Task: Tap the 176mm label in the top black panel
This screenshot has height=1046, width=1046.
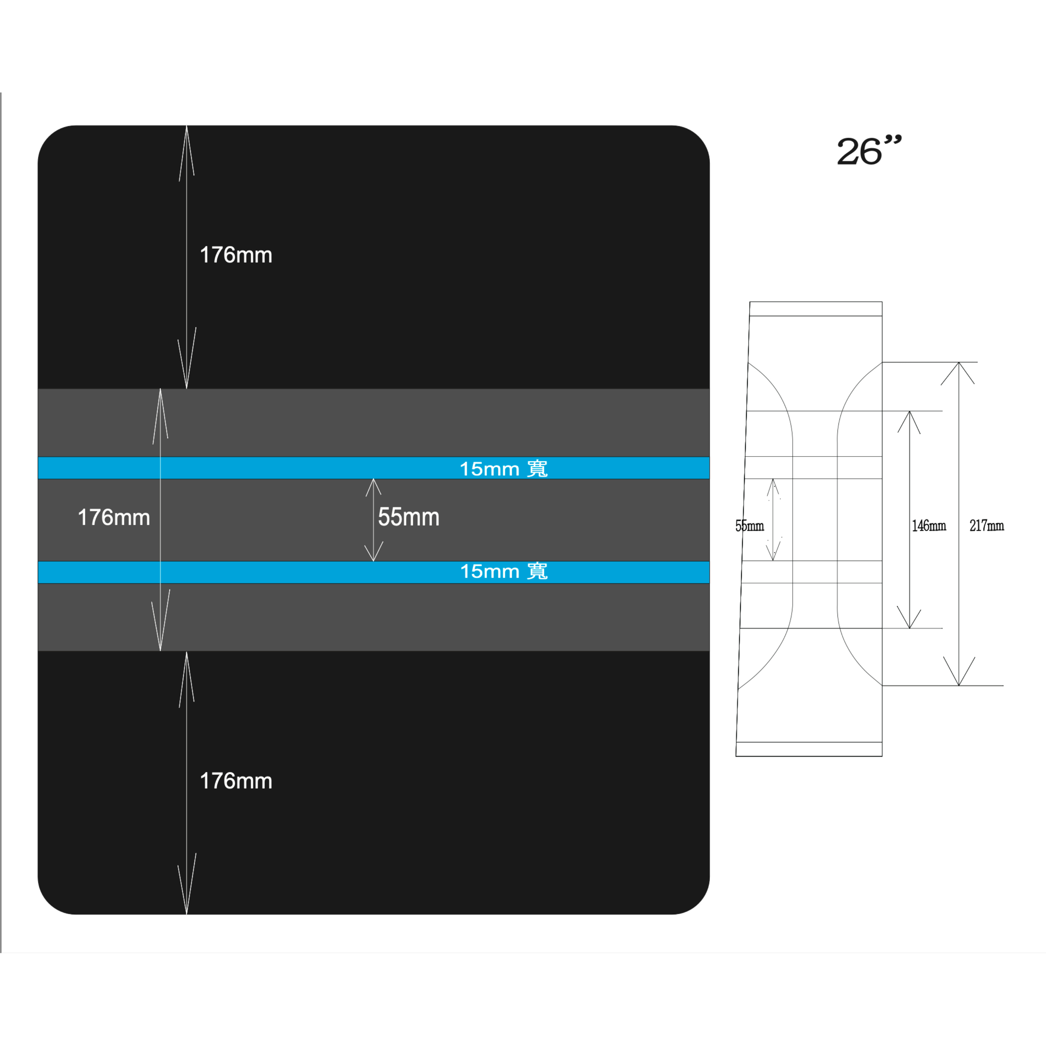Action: [236, 255]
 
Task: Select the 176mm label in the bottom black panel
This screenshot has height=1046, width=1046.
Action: [236, 781]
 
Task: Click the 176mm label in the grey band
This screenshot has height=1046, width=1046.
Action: [114, 517]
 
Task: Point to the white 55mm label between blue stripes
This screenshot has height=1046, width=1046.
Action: [409, 517]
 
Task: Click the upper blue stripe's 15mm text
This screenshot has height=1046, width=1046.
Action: [489, 469]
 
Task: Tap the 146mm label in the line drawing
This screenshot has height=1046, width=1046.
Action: [929, 526]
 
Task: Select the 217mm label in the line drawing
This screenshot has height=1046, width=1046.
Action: [986, 526]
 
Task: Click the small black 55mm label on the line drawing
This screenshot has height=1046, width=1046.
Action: [749, 526]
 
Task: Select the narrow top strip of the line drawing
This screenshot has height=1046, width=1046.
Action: [816, 309]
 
